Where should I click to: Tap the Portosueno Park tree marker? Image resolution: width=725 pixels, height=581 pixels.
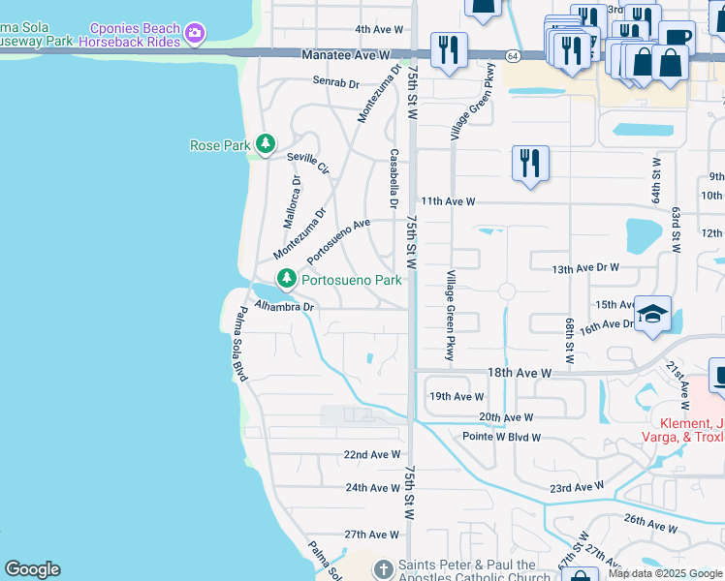(286, 280)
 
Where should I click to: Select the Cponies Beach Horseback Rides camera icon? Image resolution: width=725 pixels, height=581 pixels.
(197, 34)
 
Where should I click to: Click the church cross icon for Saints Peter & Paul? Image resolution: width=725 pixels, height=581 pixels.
(383, 568)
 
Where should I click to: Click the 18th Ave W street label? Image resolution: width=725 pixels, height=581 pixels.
(519, 372)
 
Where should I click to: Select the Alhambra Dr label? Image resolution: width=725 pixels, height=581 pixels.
(285, 307)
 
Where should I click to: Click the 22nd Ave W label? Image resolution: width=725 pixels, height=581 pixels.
(372, 454)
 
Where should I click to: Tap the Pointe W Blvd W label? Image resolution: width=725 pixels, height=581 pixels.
(501, 437)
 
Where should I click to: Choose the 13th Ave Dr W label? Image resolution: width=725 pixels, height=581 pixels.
(584, 268)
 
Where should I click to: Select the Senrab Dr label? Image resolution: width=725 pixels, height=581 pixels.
(336, 83)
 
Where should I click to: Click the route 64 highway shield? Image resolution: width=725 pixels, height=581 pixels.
(511, 56)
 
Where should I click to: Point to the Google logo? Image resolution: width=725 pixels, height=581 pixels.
(32, 569)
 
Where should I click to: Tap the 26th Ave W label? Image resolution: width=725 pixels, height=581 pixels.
(650, 523)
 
